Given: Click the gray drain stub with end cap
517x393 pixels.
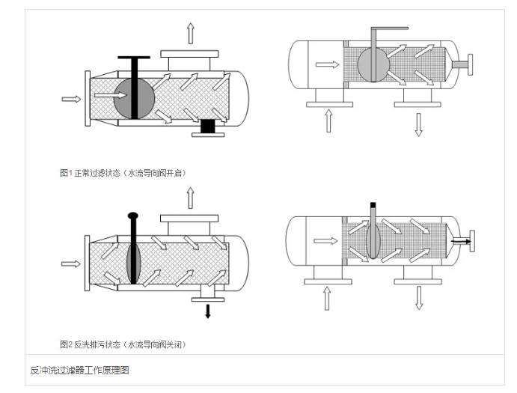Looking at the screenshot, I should pyautogui.click(x=464, y=64).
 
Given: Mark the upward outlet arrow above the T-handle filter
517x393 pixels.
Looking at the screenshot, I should pyautogui.click(x=190, y=33).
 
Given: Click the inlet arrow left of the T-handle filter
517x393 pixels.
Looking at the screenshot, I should pyautogui.click(x=71, y=98).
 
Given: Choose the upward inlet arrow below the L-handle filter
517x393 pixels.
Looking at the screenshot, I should pyautogui.click(x=328, y=120).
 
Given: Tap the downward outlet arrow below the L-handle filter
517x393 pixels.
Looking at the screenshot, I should pyautogui.click(x=419, y=122).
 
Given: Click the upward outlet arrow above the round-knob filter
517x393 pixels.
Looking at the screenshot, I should pyautogui.click(x=190, y=198).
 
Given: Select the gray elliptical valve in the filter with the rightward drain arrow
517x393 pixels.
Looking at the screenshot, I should pyautogui.click(x=374, y=241).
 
